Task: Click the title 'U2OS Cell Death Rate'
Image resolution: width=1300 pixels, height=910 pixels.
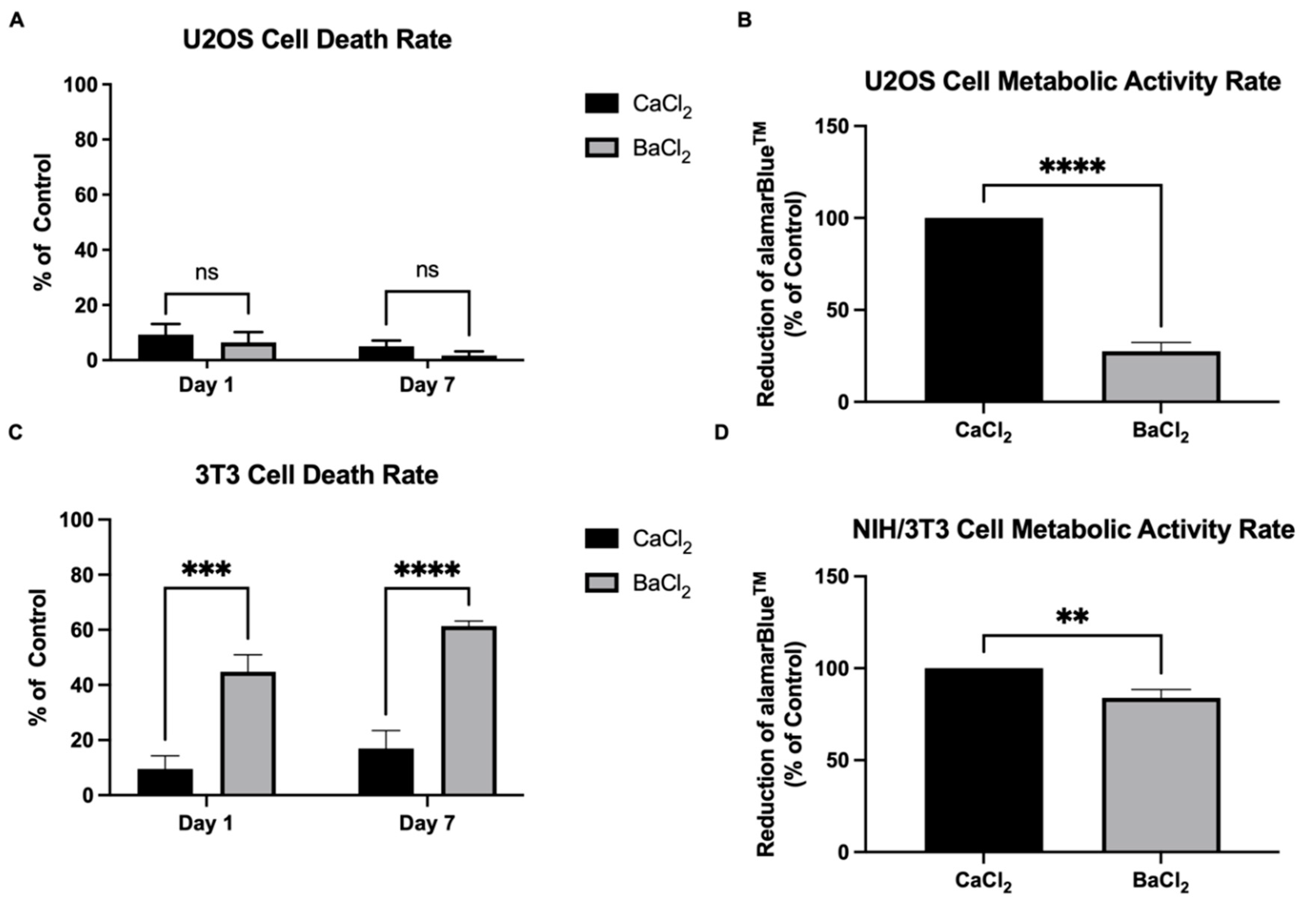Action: pyautogui.click(x=317, y=40)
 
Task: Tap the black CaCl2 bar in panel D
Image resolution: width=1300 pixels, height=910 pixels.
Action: pyautogui.click(x=983, y=760)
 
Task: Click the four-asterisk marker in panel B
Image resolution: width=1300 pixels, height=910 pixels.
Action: pyautogui.click(x=1072, y=168)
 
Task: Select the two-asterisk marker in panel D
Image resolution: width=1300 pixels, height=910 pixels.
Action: pyautogui.click(x=1072, y=618)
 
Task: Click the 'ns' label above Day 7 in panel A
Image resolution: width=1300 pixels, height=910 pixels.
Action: pyautogui.click(x=427, y=271)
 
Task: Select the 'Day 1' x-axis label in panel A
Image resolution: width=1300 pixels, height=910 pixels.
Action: pyautogui.click(x=206, y=386)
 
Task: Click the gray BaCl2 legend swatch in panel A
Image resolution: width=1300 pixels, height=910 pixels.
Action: pyautogui.click(x=601, y=148)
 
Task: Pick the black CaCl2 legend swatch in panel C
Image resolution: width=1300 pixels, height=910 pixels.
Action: pyautogui.click(x=601, y=539)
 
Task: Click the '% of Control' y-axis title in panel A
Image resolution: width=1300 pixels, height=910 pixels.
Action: pyautogui.click(x=43, y=222)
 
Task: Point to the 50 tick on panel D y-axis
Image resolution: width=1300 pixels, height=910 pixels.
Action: pyautogui.click(x=840, y=760)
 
